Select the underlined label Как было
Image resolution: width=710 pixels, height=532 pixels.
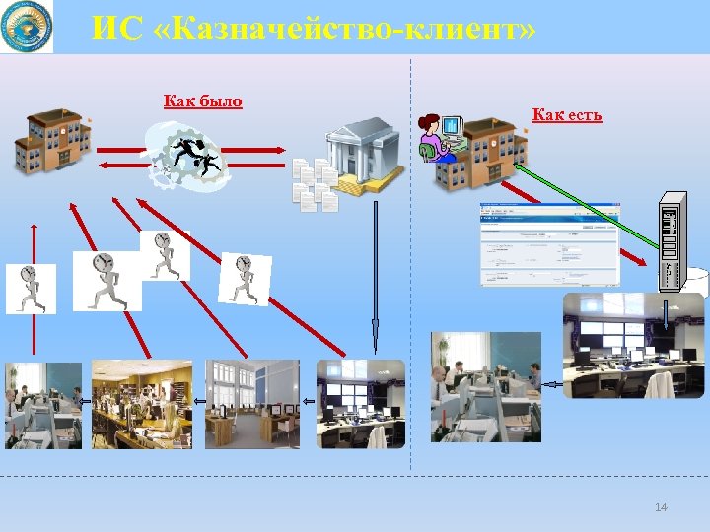pos(202,100)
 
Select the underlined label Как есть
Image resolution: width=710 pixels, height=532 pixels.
pos(566,115)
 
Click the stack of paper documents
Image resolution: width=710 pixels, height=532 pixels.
pos(315,184)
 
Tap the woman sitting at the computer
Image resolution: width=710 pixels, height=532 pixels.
pos(434,138)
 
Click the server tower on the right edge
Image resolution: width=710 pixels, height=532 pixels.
pos(672,240)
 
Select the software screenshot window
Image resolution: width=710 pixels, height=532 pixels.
pos(549,244)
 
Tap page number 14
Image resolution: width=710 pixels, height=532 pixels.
pos(661,506)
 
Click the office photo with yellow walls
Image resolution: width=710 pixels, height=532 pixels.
pos(141,404)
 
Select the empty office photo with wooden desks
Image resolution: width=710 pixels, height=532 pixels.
pos(251,404)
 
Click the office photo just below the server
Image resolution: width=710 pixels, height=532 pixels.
pos(634,345)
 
